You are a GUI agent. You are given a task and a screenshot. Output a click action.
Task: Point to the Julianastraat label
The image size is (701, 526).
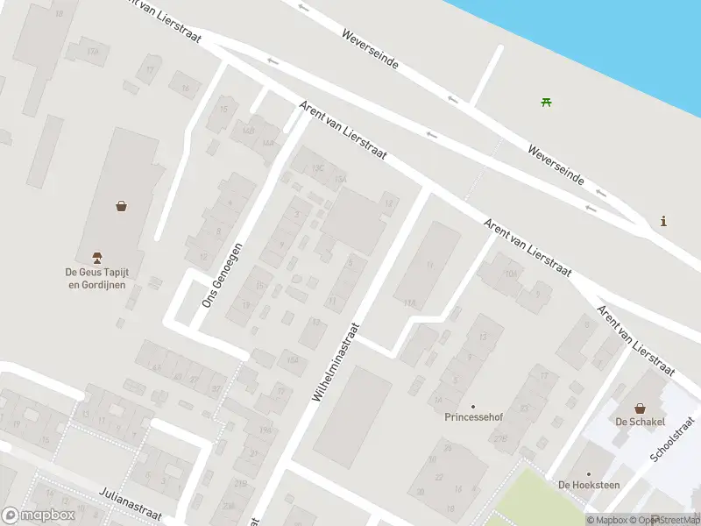click(131, 502)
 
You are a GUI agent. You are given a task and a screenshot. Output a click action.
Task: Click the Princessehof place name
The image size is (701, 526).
click(472, 417)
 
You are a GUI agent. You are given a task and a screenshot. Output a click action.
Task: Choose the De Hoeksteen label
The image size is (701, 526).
click(588, 484)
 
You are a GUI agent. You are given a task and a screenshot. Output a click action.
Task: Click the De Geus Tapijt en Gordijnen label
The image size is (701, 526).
click(97, 278)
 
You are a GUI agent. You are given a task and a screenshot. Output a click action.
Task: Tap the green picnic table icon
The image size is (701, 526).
click(547, 103)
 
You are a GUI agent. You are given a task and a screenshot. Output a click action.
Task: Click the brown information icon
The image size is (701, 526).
click(663, 221)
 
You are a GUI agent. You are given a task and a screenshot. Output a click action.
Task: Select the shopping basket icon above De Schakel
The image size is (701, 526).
click(641, 409)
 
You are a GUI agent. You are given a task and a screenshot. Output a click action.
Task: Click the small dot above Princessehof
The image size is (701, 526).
click(473, 406)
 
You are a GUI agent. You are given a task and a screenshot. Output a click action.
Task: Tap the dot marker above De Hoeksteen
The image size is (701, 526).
click(588, 473)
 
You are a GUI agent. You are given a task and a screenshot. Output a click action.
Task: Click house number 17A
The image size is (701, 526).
click(92, 51)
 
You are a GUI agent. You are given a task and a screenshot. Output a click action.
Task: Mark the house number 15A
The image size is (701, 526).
click(341, 179)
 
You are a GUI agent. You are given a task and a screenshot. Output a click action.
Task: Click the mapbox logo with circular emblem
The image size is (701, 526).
click(39, 515)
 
